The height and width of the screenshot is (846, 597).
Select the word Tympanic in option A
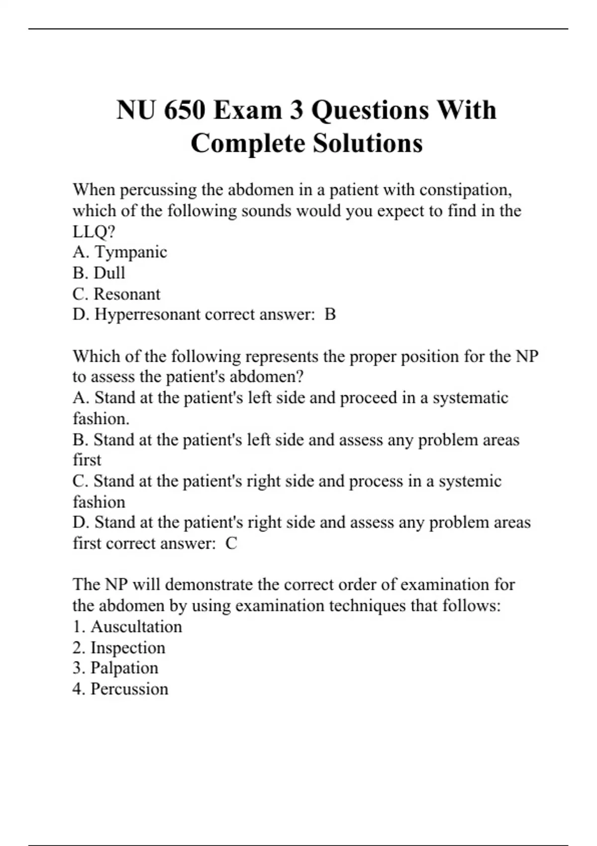(x=131, y=252)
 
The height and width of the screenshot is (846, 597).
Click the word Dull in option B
(x=109, y=273)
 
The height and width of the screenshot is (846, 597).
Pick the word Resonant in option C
(x=127, y=294)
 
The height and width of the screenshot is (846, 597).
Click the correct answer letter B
(x=330, y=315)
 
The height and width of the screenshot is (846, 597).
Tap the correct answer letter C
(x=231, y=543)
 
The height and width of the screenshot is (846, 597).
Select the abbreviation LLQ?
(x=94, y=231)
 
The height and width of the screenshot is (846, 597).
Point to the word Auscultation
(x=136, y=626)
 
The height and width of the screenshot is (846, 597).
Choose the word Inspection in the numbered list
(x=128, y=647)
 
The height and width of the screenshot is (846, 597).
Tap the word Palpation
(x=124, y=668)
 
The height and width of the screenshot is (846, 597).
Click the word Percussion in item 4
(x=129, y=689)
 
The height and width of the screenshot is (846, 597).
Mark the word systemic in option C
(x=470, y=481)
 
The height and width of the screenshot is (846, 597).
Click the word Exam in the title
(x=247, y=110)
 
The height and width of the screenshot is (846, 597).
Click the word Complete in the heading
(x=248, y=143)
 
